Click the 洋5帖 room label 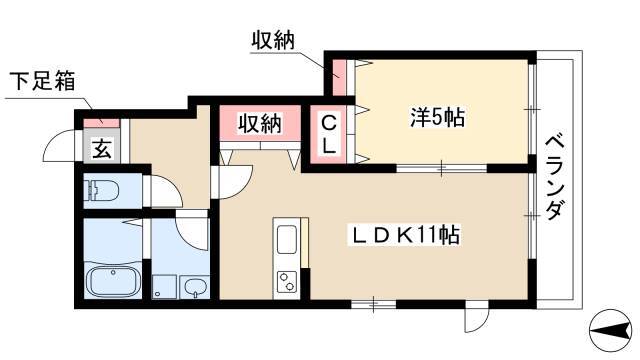(437, 117)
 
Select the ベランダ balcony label (555, 178)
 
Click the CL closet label (329, 134)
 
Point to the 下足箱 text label (43, 81)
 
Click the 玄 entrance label (102, 149)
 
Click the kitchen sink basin (287, 240)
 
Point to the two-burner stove (287, 282)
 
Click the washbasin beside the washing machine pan (194, 287)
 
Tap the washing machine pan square (164, 287)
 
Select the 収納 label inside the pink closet (260, 123)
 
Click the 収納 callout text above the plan (272, 41)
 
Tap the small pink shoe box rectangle (102, 122)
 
